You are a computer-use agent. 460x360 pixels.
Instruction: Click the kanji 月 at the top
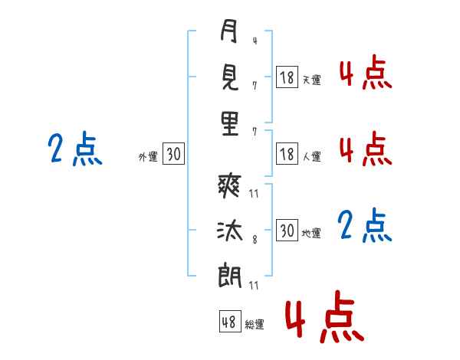tap(228, 32)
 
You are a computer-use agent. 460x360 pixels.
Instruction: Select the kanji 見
tap(228, 77)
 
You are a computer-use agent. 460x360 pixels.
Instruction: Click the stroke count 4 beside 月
tap(255, 40)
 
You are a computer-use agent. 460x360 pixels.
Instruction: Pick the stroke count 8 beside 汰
tap(255, 239)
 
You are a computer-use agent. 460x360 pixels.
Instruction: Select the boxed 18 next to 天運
tap(287, 77)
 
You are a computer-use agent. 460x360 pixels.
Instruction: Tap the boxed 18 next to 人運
tap(287, 154)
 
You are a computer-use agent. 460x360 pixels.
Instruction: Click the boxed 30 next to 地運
tap(287, 231)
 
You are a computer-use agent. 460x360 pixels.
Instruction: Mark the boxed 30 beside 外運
tap(173, 155)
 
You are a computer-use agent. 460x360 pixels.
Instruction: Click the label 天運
tap(311, 80)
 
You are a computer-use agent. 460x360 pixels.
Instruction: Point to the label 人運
tap(311, 157)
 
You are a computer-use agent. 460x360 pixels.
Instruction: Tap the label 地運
tap(311, 234)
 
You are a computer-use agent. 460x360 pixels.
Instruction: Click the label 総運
tap(255, 324)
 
